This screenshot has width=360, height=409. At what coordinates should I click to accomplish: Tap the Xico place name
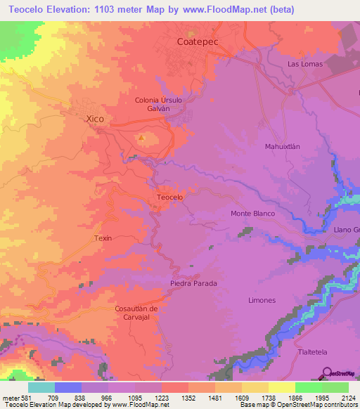pyautogui.click(x=94, y=119)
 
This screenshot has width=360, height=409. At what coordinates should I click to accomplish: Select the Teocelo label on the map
pyautogui.click(x=169, y=197)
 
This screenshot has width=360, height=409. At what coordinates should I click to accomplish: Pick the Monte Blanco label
pyautogui.click(x=252, y=213)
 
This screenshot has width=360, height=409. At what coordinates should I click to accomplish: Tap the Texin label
pyautogui.click(x=103, y=238)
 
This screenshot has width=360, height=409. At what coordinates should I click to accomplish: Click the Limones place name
pyautogui.click(x=262, y=300)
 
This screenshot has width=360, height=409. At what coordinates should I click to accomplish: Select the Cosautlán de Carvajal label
pyautogui.click(x=141, y=313)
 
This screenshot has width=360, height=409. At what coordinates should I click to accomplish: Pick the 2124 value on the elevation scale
pyautogui.click(x=340, y=397)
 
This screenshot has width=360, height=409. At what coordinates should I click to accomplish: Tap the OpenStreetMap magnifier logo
pyautogui.click(x=327, y=372)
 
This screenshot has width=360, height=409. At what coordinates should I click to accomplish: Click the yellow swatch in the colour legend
pyautogui.click(x=281, y=387)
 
